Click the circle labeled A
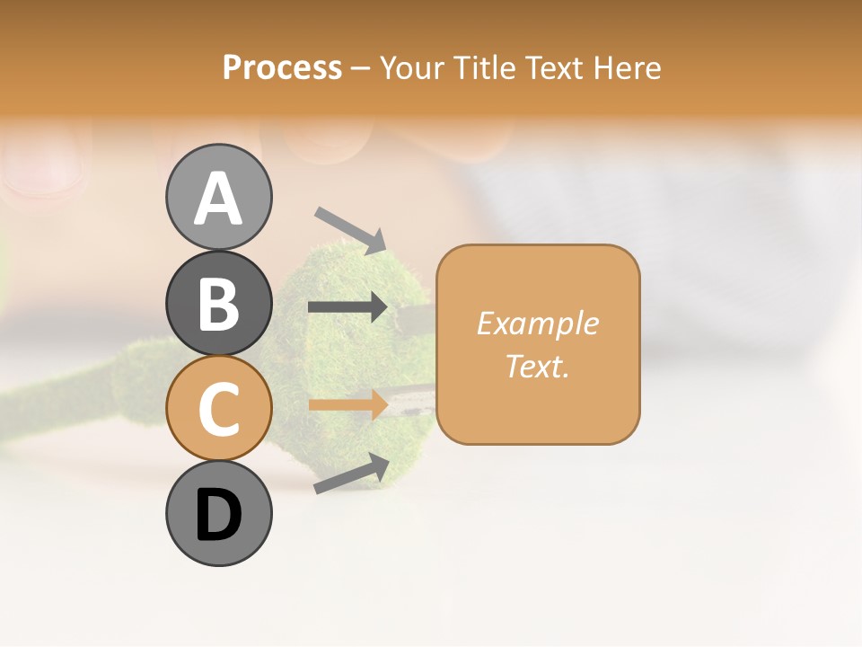click(219, 197)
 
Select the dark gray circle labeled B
click(219, 303)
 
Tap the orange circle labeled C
click(219, 408)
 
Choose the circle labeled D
click(219, 514)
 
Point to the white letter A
click(219, 199)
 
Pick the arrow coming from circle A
click(350, 229)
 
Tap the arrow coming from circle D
click(351, 474)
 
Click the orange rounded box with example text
click(538, 344)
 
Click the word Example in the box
click(537, 323)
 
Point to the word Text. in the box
click(537, 366)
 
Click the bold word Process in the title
click(282, 68)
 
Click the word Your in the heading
click(413, 68)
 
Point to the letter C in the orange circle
click(219, 410)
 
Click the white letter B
click(219, 305)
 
